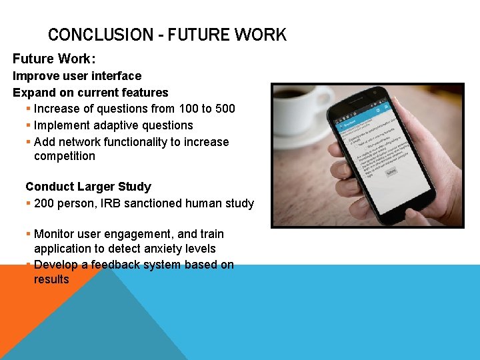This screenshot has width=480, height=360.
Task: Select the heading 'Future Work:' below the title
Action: click(x=54, y=59)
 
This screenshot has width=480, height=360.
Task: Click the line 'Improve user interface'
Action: click(x=77, y=76)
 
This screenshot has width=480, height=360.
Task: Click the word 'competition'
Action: click(x=65, y=156)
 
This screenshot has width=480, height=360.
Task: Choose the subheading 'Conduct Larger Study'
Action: click(x=88, y=187)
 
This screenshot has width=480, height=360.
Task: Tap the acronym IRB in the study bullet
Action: click(x=113, y=203)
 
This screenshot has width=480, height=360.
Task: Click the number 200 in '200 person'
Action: click(x=45, y=203)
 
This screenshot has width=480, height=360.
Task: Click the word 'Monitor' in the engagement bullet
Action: click(x=55, y=234)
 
